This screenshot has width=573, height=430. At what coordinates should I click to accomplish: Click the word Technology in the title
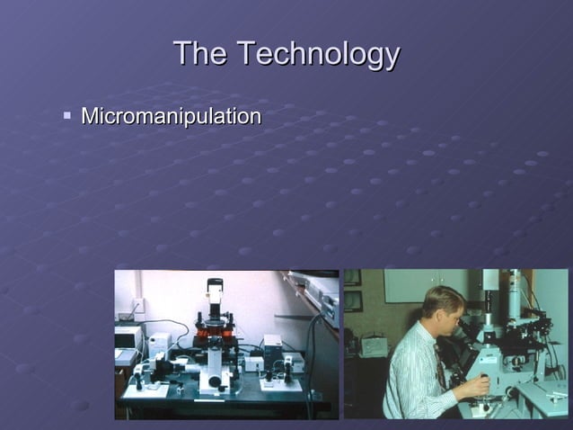[318, 56]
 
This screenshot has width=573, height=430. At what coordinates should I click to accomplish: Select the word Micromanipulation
[171, 117]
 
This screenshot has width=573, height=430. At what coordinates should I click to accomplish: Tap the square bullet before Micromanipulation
[67, 116]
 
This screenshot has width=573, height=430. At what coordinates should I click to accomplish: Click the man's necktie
[441, 365]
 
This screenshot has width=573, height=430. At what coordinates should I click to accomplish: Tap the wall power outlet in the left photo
[138, 305]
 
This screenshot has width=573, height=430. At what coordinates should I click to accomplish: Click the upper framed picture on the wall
[352, 276]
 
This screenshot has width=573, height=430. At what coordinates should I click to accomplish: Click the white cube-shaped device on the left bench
[159, 345]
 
